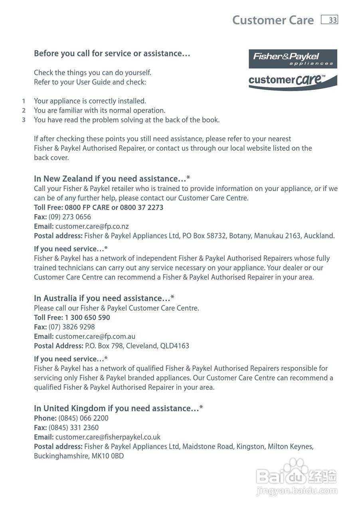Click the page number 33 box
point(329,20)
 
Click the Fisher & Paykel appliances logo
point(293,59)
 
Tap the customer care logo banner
point(293,81)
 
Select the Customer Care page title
point(273,20)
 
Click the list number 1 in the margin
point(24,101)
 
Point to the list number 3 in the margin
point(24,120)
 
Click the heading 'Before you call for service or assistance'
point(112,53)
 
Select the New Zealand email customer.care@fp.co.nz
point(92,226)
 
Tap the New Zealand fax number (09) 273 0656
point(70,217)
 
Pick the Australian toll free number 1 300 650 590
point(87,318)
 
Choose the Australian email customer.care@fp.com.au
point(95,337)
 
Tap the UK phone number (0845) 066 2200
point(83,418)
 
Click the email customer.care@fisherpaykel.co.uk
point(108,437)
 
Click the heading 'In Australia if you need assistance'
point(104,299)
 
